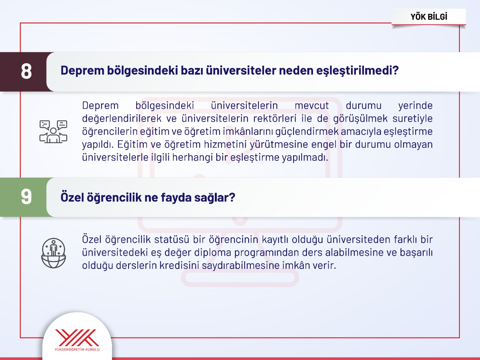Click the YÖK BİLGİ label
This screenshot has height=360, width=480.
point(429,17)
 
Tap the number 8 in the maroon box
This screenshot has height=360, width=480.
point(26,71)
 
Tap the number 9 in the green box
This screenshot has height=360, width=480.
point(26,197)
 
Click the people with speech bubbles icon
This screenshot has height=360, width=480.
point(53,132)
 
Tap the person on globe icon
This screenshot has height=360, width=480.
point(53,253)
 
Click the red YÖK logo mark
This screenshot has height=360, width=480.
point(77,337)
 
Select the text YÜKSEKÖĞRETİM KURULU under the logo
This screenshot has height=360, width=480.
point(77,349)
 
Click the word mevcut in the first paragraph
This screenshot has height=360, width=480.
point(312,106)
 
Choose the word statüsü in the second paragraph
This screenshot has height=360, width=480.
point(172,240)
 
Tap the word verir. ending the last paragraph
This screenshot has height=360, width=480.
point(325,265)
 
